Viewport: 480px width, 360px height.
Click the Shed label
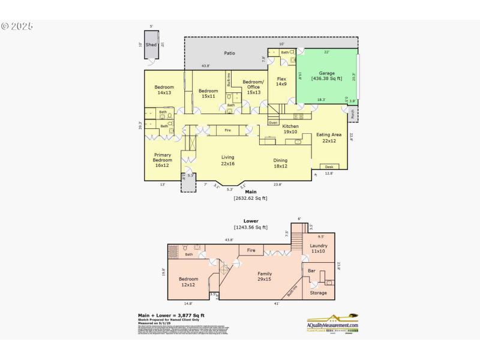coord(151,44)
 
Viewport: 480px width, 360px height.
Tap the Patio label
coord(229,53)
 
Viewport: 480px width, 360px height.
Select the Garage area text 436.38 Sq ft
coord(326,79)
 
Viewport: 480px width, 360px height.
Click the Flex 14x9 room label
coord(281,82)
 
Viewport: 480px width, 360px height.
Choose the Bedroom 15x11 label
coord(209,94)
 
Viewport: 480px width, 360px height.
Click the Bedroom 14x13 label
coord(164,90)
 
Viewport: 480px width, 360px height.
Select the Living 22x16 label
coord(227,160)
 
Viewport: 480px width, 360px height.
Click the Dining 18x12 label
coord(280,163)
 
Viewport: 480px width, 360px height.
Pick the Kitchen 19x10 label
coord(290,129)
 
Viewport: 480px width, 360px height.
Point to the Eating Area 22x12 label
coord(328,138)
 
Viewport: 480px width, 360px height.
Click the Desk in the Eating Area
coord(329,167)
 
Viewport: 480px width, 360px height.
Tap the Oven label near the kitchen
coord(273,122)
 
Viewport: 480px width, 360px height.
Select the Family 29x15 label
coord(265,277)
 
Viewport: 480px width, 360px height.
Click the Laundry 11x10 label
coord(318,249)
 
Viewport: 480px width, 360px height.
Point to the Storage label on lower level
coord(318,293)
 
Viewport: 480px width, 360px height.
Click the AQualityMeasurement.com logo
coord(332,323)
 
